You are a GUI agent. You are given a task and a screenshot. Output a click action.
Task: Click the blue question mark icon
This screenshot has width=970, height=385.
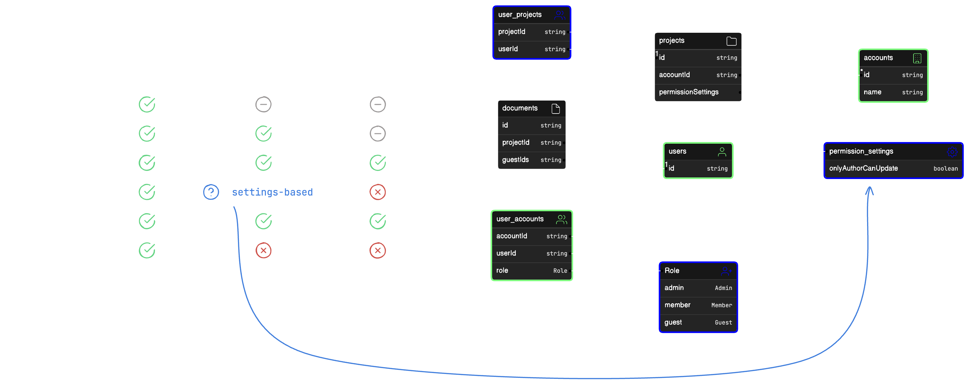211,192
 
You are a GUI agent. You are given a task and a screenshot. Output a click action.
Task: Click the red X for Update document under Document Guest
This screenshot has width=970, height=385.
377,192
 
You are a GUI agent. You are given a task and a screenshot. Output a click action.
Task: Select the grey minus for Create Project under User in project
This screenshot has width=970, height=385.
263,104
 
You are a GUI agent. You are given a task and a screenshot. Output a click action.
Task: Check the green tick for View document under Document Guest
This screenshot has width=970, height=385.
377,162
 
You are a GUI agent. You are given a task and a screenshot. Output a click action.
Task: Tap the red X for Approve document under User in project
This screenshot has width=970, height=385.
263,251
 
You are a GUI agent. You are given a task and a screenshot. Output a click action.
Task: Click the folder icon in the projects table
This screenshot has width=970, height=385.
731,41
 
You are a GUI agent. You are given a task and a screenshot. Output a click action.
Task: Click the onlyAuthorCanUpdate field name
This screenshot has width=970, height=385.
863,168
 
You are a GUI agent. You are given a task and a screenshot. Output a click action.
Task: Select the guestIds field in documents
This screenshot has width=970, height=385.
515,160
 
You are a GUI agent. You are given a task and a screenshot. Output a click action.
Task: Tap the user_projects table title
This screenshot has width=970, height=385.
520,15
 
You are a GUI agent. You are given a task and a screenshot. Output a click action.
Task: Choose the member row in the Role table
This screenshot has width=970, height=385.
677,305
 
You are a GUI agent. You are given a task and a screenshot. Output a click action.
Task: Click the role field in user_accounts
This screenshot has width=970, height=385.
502,270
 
